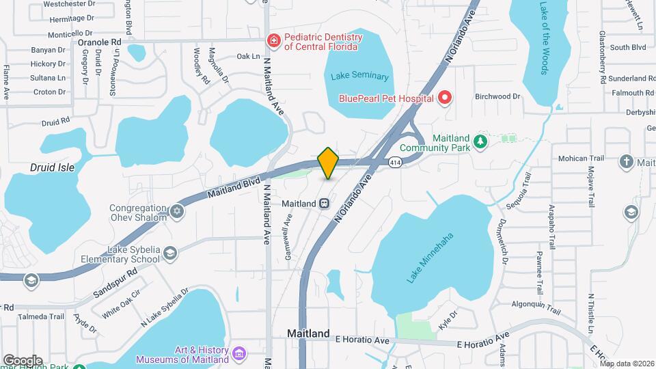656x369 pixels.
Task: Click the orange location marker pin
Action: [x=328, y=163]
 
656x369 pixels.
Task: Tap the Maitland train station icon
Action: [x=325, y=204]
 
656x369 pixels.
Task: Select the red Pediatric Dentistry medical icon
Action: [x=274, y=41]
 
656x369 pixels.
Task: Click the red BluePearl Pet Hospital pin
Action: [x=445, y=98]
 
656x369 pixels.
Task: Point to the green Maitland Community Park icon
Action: [x=481, y=141]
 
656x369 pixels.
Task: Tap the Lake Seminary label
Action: [x=359, y=77]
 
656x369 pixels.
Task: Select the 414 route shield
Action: [x=395, y=163]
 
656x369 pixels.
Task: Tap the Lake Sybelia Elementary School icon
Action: [x=169, y=254]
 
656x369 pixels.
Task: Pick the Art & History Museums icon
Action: [x=239, y=354]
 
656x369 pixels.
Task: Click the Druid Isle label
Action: [x=53, y=167]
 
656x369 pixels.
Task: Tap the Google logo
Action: [x=23, y=360]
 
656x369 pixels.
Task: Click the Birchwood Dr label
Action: [x=498, y=96]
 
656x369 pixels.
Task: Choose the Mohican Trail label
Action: [x=582, y=159]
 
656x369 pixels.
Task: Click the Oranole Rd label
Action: [x=99, y=42]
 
